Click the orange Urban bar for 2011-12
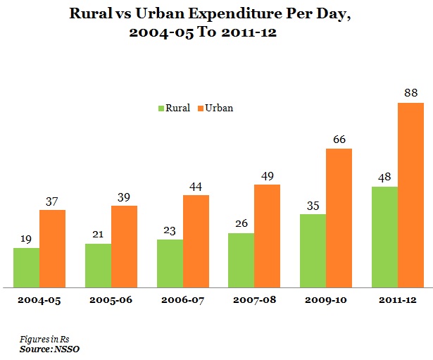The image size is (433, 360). coord(410,195)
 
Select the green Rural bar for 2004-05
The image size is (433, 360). coord(26,268)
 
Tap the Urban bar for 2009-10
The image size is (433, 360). coord(339,218)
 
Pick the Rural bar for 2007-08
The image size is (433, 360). coord(241,260)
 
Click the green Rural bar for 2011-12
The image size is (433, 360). coord(384,237)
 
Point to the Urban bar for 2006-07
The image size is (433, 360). coord(196,241)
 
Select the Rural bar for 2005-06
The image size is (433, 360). coord(98,266)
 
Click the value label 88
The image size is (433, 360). coord(410,93)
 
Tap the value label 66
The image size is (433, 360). coord(339,139)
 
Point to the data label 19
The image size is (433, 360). coord(26,238)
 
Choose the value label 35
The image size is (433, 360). coord(313,204)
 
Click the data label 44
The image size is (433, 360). coord(196,185)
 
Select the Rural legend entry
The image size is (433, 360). coord(173,108)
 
